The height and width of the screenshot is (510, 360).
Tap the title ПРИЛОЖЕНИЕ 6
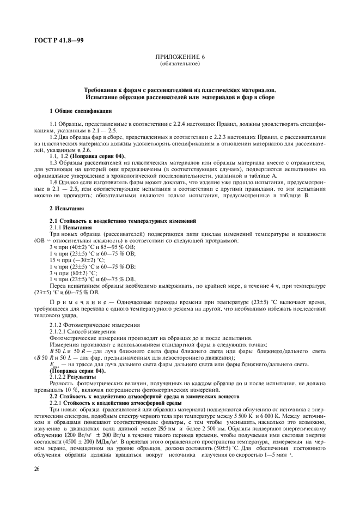(180, 57)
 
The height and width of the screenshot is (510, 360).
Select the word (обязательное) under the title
(180, 64)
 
